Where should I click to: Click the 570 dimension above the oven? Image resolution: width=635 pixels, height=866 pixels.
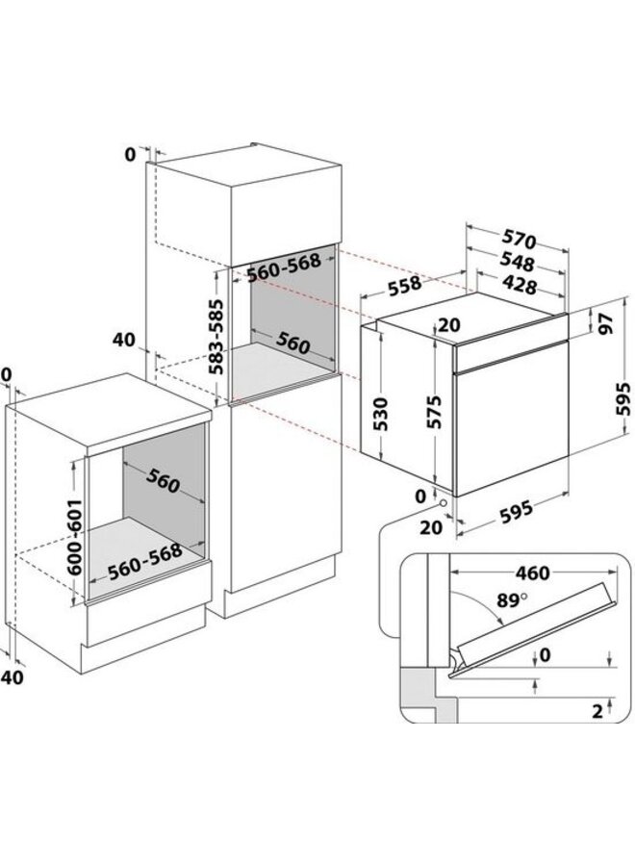pos(517,240)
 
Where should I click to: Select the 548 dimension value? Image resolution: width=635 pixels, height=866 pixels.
pos(517,261)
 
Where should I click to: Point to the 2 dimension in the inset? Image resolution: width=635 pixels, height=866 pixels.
pos(597,712)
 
